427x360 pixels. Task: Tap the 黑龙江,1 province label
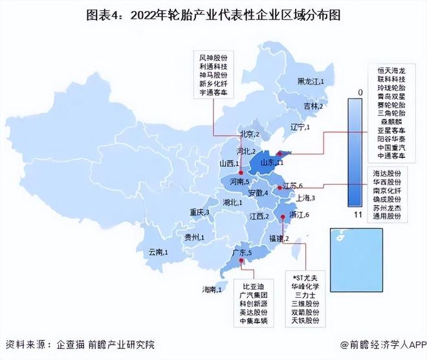pyautogui.click(x=311, y=81)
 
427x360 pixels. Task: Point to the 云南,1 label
pyautogui.click(x=159, y=251)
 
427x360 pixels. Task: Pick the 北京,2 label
pyautogui.click(x=249, y=134)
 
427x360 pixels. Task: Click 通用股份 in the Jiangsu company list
pyautogui.click(x=388, y=216)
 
